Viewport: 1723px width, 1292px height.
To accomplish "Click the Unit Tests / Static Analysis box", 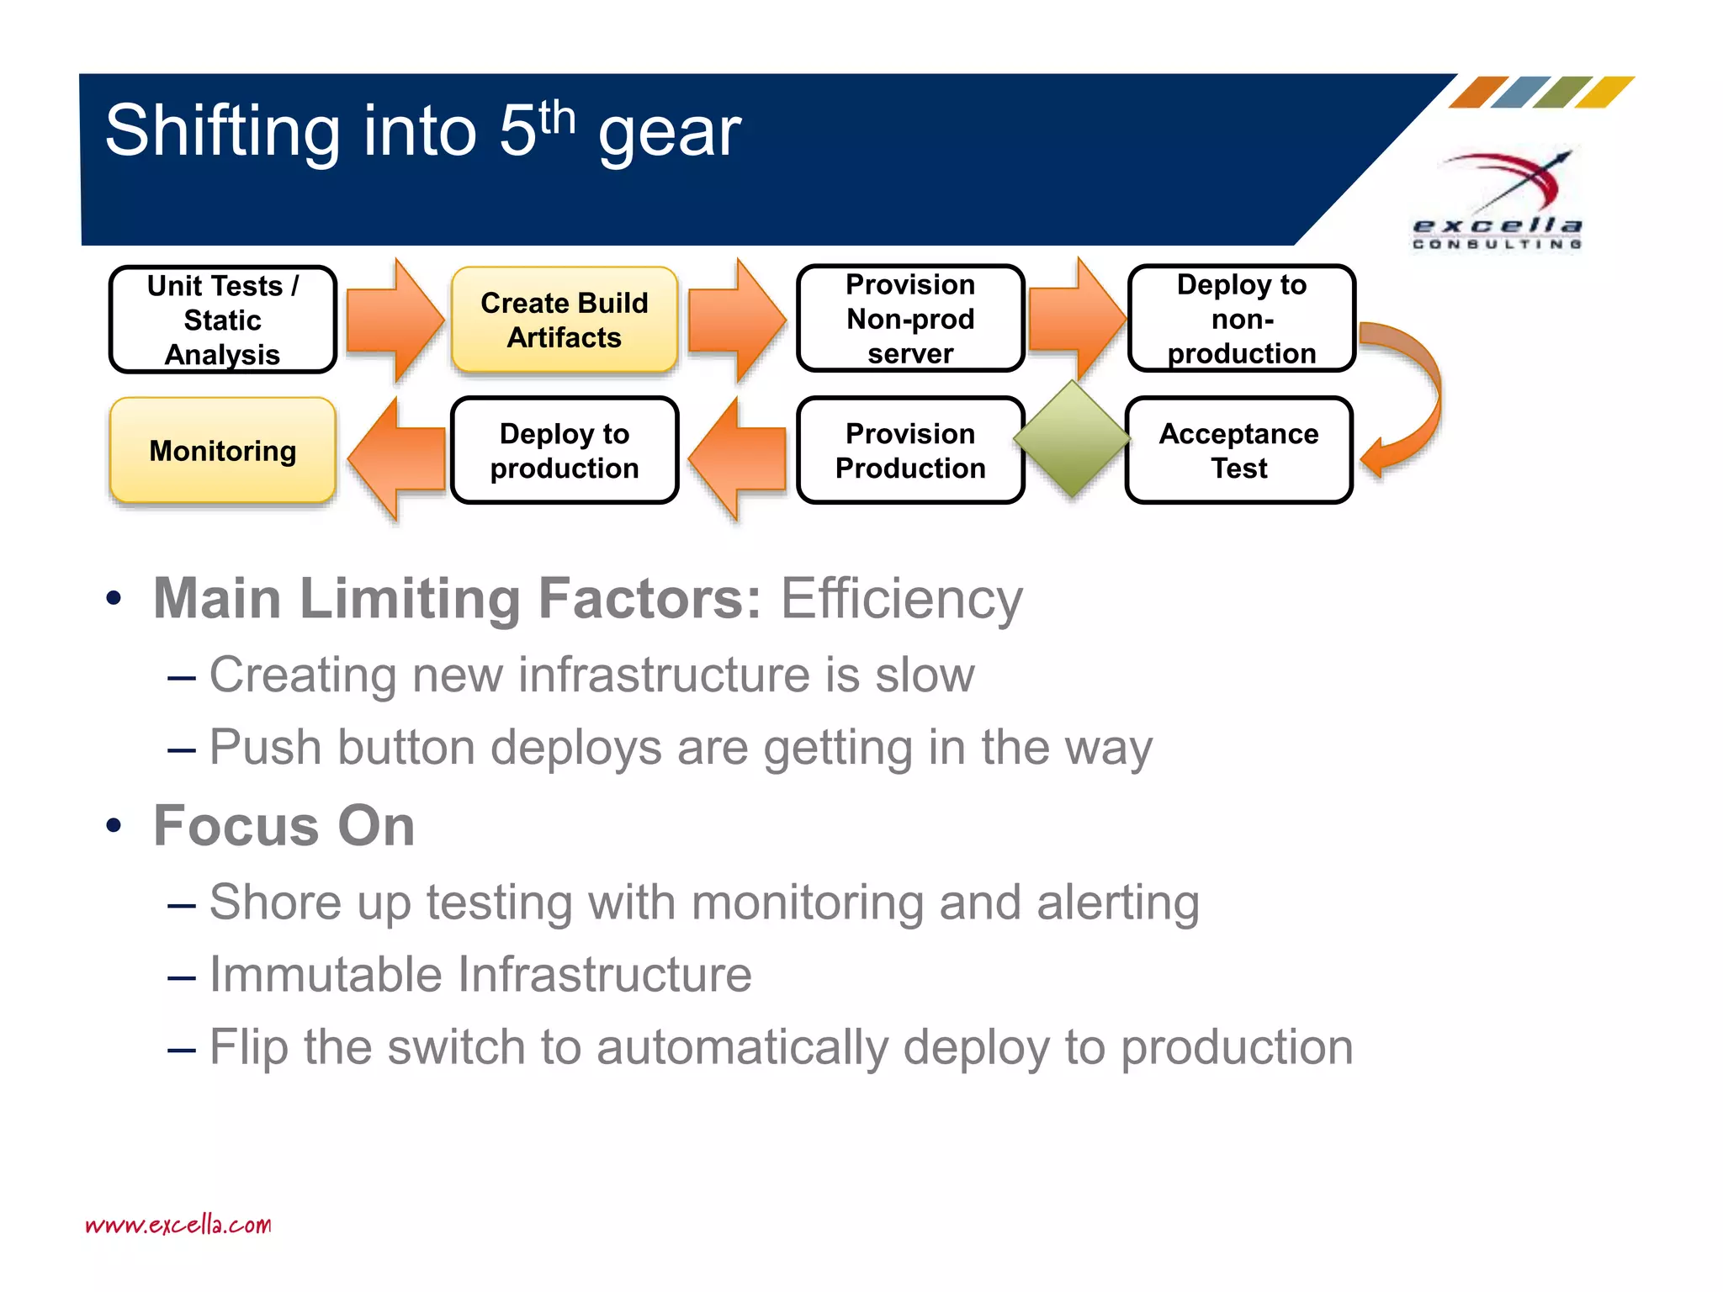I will pyautogui.click(x=223, y=320).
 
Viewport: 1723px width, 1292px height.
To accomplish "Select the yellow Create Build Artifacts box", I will pyautogui.click(x=565, y=320).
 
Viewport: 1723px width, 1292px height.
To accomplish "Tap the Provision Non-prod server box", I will pyautogui.click(x=910, y=319).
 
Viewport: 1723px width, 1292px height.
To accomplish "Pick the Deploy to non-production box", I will pyautogui.click(x=1241, y=319).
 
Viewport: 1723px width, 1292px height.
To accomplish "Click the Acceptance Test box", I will pyautogui.click(x=1238, y=451).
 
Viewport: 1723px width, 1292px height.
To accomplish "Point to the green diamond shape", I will pyautogui.click(x=1072, y=438).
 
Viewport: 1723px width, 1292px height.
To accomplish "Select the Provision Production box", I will pyautogui.click(x=910, y=451).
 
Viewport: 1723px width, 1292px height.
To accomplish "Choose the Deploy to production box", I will pyautogui.click(x=565, y=451).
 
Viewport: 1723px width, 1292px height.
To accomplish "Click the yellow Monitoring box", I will pyautogui.click(x=223, y=451).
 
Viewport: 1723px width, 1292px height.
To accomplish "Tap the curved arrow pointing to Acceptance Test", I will pyautogui.click(x=1413, y=395).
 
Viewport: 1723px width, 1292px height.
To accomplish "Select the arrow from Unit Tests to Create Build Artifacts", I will pyautogui.click(x=394, y=320).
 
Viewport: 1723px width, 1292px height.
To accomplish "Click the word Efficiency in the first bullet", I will pyautogui.click(x=901, y=599).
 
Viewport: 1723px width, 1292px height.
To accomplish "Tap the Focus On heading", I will pyautogui.click(x=284, y=826).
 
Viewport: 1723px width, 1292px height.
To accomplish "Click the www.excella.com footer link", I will pyautogui.click(x=178, y=1225).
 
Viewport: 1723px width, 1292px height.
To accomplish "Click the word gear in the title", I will pyautogui.click(x=670, y=132).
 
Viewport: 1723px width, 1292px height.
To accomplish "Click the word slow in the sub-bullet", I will pyautogui.click(x=925, y=675).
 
